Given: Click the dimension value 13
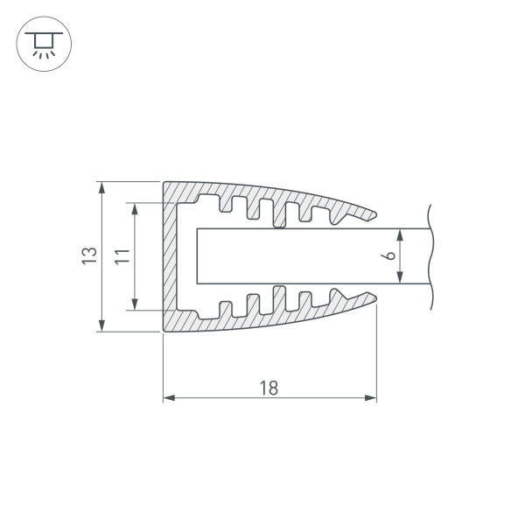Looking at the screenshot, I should pos(87,256).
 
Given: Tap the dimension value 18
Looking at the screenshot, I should pos(269,388).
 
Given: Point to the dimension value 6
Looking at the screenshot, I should pos(390,256).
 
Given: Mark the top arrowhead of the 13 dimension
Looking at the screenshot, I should pos(101,186).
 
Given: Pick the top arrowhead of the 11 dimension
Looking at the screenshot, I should pos(135,208).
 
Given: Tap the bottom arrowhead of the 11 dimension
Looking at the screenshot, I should pos(135,305).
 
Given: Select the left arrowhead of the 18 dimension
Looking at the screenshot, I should pos(169,398).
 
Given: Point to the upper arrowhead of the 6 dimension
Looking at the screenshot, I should pos(401,234).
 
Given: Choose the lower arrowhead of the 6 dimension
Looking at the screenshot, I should pos(401,279).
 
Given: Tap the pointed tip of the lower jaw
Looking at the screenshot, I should pos(376,299).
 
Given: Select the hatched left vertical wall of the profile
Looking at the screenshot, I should pos(170,256).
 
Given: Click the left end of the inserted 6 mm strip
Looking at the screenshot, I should pos(197,256).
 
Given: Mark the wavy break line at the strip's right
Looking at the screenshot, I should pos(430,256).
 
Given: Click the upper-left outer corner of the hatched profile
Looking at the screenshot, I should pos(164,183).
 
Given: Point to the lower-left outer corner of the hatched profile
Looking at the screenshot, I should pos(164,331).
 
